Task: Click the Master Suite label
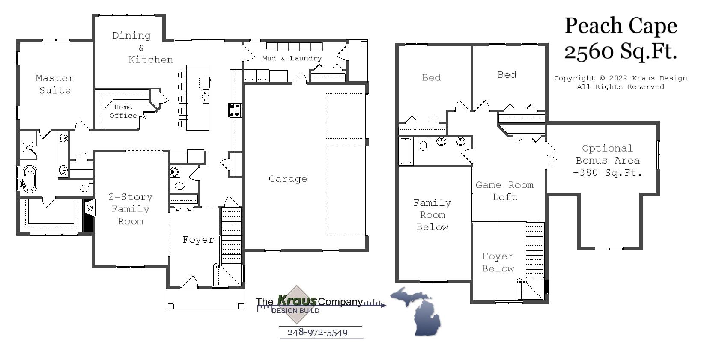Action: click(54, 84)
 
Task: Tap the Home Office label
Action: click(123, 111)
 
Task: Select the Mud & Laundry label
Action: click(292, 58)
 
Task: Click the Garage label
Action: click(288, 179)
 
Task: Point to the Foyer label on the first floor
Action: click(198, 240)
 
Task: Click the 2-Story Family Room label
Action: click(130, 209)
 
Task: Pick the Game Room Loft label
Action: click(504, 191)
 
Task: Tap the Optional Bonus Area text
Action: click(607, 161)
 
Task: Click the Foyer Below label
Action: click(498, 262)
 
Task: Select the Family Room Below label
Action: click(432, 215)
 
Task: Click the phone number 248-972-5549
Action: click(317, 333)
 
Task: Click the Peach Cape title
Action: click(621, 26)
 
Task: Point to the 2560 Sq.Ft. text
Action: click(621, 51)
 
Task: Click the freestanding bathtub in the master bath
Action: click(30, 178)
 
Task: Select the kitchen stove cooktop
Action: click(235, 110)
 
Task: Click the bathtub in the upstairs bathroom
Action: click(405, 151)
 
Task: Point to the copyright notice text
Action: click(620, 83)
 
